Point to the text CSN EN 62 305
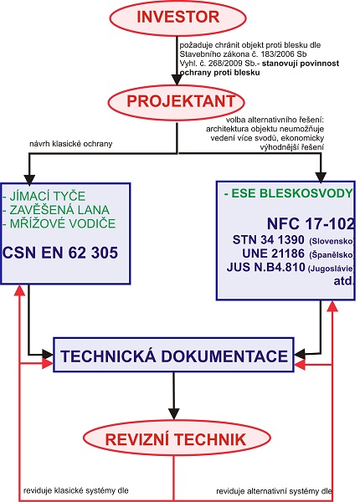click(x=60, y=253)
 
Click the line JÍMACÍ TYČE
click(x=44, y=196)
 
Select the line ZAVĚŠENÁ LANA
click(x=56, y=210)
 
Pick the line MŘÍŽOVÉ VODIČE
click(x=59, y=223)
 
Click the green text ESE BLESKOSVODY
click(x=288, y=193)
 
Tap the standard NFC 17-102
click(x=311, y=223)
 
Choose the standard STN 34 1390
click(x=269, y=239)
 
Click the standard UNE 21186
click(x=273, y=254)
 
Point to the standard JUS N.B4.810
click(x=266, y=267)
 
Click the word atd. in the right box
click(x=343, y=281)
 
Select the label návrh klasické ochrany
click(x=71, y=144)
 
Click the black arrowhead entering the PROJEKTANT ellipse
click(x=177, y=80)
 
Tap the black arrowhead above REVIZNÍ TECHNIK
click(x=173, y=414)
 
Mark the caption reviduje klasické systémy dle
click(x=76, y=490)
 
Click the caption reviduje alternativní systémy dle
click(x=274, y=491)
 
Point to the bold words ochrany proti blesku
click(x=219, y=73)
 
